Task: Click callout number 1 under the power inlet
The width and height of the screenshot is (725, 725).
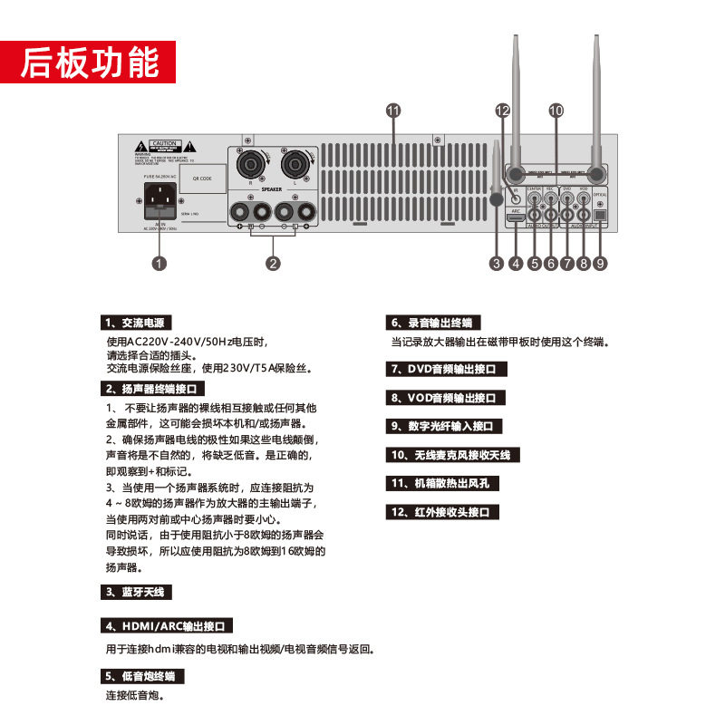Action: [x=159, y=264]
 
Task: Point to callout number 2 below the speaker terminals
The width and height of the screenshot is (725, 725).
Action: [x=273, y=264]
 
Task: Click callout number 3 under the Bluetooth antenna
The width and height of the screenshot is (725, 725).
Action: [x=496, y=264]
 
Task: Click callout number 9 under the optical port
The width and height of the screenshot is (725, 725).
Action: [x=600, y=264]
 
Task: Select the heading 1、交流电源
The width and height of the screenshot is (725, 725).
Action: [x=135, y=323]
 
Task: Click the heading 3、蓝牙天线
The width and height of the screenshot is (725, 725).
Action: [x=135, y=592]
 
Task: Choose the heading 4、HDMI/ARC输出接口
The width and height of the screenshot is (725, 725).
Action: [x=168, y=625]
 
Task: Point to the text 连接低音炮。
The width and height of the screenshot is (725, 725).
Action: [x=135, y=696]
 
